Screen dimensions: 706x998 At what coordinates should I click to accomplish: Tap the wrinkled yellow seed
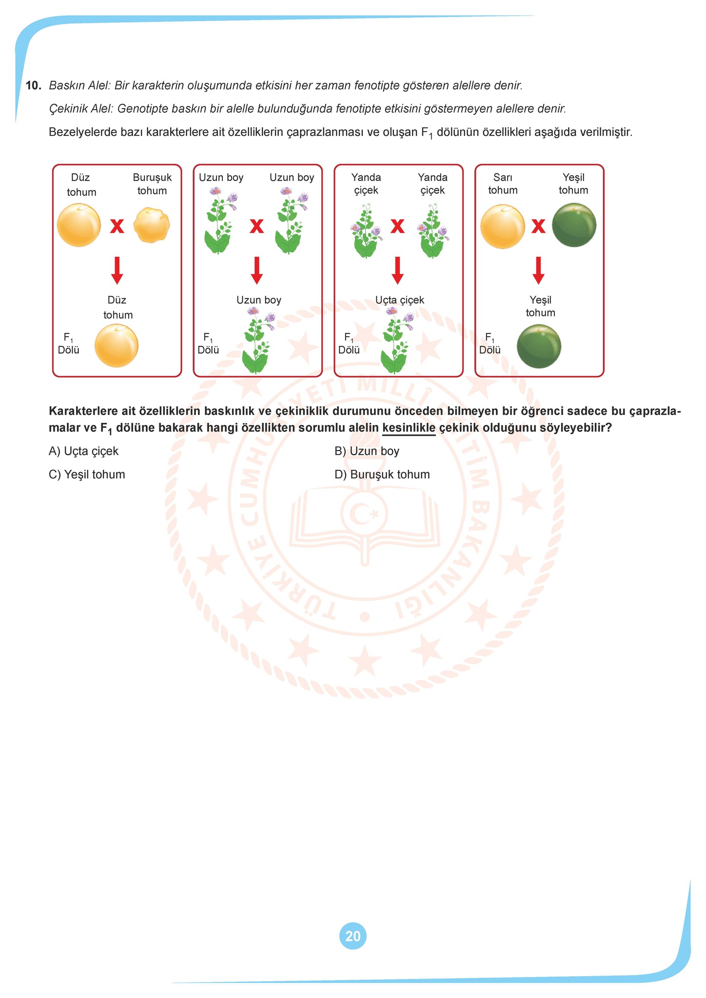(152, 225)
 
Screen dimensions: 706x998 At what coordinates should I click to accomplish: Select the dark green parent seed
(574, 225)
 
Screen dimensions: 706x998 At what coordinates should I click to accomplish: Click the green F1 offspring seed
(539, 346)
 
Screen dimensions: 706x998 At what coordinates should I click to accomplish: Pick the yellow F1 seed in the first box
(116, 345)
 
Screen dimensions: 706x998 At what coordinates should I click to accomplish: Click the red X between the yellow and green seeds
(538, 226)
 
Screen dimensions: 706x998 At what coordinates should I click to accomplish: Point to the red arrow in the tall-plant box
(257, 270)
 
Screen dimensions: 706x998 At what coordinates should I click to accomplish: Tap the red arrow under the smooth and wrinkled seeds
(117, 270)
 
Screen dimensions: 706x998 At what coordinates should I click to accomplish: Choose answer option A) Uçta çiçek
(83, 451)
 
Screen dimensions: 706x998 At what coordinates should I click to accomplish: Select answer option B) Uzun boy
(367, 451)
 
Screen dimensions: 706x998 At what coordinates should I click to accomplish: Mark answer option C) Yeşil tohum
(87, 475)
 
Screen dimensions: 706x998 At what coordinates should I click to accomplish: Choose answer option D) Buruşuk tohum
(382, 475)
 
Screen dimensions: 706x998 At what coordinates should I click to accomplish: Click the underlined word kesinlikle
(409, 428)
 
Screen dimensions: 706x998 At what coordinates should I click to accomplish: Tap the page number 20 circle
(353, 936)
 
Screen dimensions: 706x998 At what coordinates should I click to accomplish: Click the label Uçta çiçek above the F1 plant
(400, 300)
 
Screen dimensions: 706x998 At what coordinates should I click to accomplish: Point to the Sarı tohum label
(503, 184)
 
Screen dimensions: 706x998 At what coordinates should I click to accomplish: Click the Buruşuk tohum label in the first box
(152, 184)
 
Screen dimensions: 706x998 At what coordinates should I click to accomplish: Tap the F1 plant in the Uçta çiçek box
(398, 340)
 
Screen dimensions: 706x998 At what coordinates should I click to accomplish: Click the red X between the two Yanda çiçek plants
(398, 226)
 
